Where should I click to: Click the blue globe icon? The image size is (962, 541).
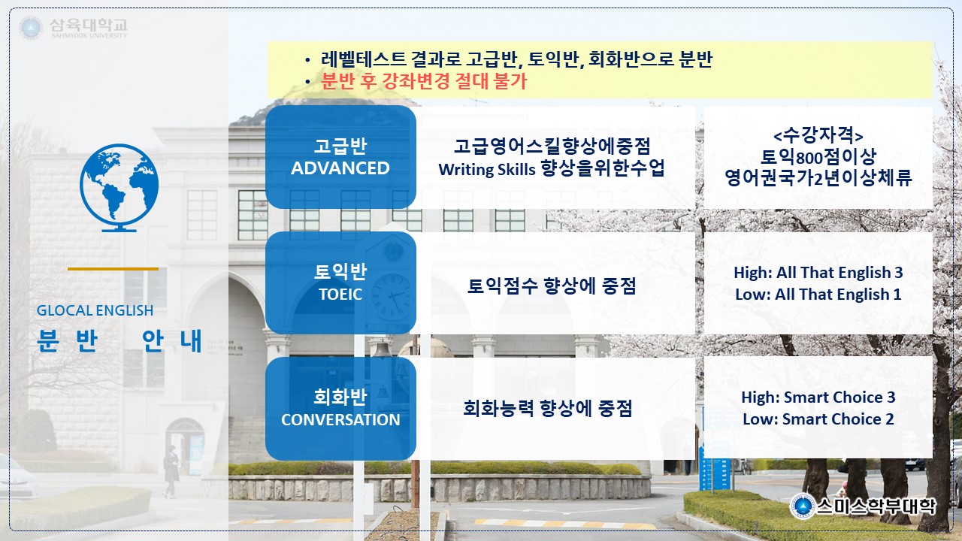(x=119, y=188)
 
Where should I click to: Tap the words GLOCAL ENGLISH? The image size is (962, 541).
(x=95, y=310)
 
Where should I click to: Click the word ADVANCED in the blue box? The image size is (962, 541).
(x=340, y=168)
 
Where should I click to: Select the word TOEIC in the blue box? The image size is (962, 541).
(x=340, y=295)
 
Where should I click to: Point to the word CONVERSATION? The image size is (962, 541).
(x=340, y=420)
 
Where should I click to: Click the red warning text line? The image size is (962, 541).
(x=424, y=81)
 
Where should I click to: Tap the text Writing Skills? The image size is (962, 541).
(x=487, y=170)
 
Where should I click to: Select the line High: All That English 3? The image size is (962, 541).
(x=818, y=273)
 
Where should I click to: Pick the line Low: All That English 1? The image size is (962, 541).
(x=818, y=295)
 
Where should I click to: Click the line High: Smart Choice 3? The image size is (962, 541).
(x=818, y=397)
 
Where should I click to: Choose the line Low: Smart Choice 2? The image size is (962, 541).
(x=818, y=419)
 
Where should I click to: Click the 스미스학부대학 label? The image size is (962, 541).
(x=876, y=506)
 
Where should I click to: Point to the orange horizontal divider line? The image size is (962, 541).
(x=113, y=269)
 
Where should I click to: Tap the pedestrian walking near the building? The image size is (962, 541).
(x=171, y=471)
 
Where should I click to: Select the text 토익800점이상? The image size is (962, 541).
(x=818, y=157)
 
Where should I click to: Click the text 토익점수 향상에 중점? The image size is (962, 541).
(x=552, y=286)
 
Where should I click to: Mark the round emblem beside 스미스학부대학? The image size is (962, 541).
(x=802, y=507)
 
